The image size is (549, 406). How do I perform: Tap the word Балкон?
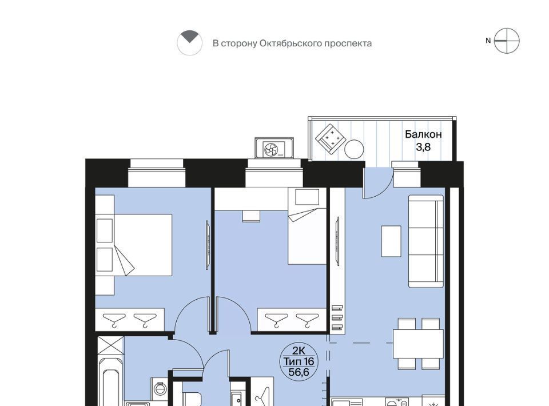[423, 134]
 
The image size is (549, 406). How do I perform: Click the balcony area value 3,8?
[423, 148]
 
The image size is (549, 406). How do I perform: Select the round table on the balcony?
[354, 149]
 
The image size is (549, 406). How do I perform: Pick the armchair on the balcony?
[331, 138]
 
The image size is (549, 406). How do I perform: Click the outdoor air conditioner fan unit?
[274, 149]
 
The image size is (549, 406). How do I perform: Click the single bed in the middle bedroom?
[307, 226]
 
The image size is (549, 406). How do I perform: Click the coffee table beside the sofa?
[391, 241]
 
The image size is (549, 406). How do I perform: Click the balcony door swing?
[377, 183]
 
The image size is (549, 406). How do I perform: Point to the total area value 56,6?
[299, 372]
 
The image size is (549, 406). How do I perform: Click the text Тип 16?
[299, 361]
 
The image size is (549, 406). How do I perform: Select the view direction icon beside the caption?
[189, 43]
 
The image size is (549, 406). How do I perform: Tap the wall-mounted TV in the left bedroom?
[208, 245]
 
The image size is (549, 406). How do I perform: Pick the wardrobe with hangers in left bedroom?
[130, 319]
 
